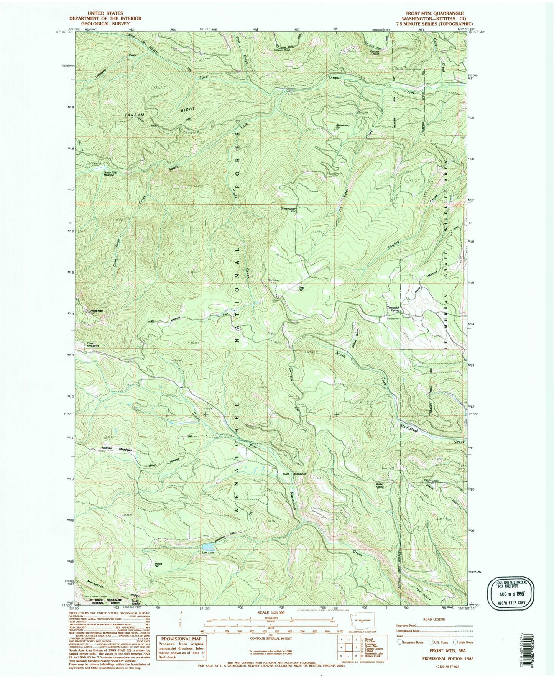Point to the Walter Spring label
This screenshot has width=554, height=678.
380,485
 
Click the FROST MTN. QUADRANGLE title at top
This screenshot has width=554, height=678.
432,13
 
